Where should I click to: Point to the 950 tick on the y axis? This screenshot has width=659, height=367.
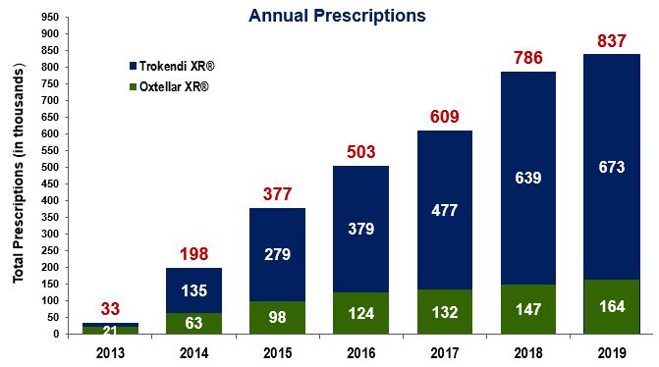(x=45, y=17)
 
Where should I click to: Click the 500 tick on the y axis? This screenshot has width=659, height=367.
(x=45, y=167)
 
